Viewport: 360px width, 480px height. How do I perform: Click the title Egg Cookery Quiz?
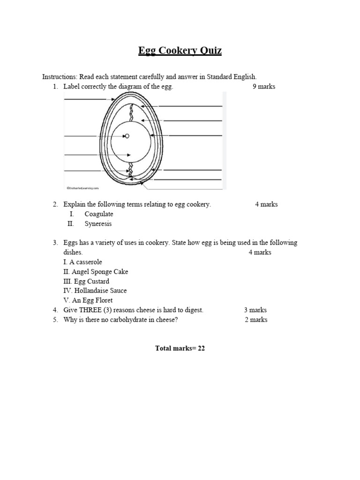pyautogui.click(x=180, y=51)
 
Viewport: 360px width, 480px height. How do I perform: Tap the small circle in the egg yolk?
pyautogui.click(x=127, y=136)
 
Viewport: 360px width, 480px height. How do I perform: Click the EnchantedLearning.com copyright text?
pyautogui.click(x=83, y=187)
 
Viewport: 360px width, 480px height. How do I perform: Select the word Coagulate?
pyautogui.click(x=99, y=214)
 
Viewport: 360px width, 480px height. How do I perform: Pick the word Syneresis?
pyautogui.click(x=98, y=224)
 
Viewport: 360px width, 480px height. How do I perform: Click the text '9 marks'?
pyautogui.click(x=264, y=87)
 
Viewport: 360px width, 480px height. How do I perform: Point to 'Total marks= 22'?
pyautogui.click(x=180, y=348)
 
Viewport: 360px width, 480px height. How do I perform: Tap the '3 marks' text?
pyautogui.click(x=255, y=310)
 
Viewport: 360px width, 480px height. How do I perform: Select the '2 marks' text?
pyautogui.click(x=256, y=320)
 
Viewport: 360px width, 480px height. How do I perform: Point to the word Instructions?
pyautogui.click(x=60, y=77)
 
